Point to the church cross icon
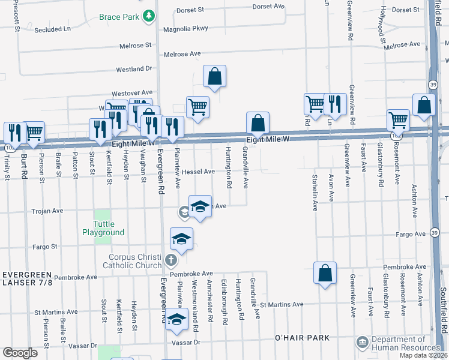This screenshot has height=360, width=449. coord(171,261)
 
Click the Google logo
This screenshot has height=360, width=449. coord(20,353)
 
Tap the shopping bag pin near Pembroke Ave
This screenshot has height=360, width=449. coord(325,274)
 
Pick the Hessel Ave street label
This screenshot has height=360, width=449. coord(199,171)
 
